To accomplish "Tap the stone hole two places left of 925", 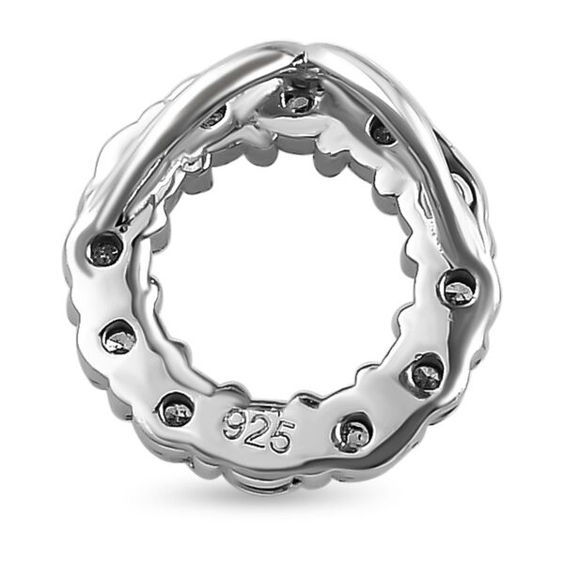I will click(119, 336).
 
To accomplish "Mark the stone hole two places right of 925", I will click(425, 374).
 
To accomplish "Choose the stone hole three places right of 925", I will click(458, 286).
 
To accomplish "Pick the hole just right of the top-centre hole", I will click(381, 132).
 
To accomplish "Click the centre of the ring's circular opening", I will click(282, 282).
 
